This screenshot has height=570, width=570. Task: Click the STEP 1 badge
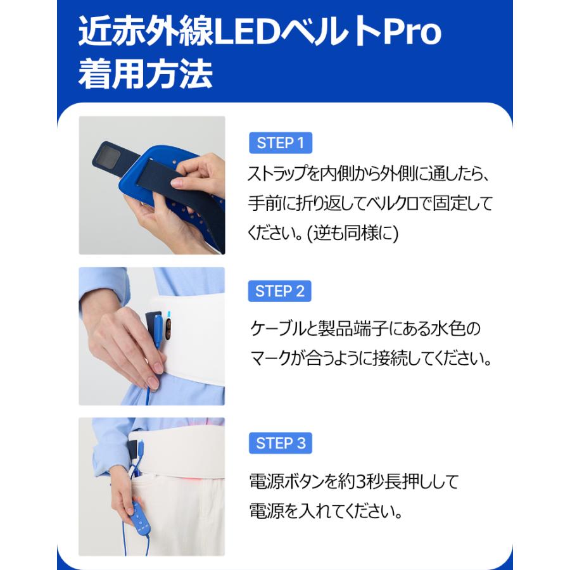[281, 143]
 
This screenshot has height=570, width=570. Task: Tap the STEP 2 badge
[280, 291]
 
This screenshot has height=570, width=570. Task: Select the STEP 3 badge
[281, 443]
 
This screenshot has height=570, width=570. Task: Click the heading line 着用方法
[145, 75]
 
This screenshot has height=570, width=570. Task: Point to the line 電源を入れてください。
[325, 510]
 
